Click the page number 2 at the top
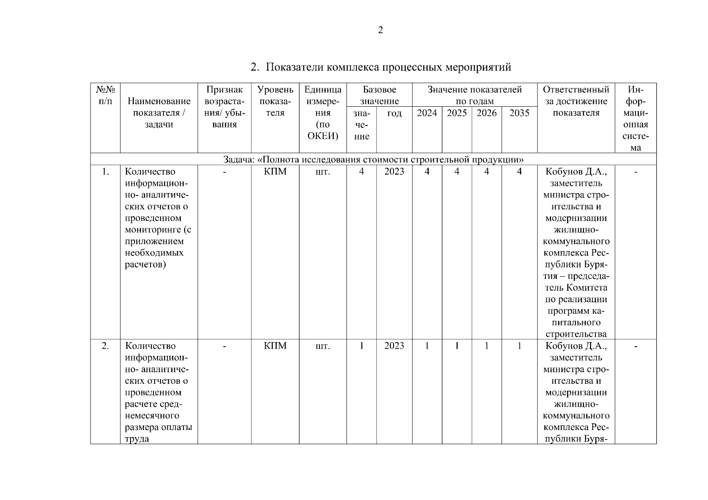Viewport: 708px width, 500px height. tap(380, 30)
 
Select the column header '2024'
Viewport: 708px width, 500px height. tap(427, 113)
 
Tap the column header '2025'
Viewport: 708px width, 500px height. tap(457, 113)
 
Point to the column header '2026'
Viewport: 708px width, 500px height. tap(487, 113)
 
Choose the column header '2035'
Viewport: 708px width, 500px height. tap(519, 113)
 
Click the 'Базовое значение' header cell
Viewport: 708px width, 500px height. tap(379, 95)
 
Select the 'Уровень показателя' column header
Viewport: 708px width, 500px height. tap(275, 101)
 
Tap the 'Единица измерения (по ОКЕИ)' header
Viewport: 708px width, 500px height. tap(323, 112)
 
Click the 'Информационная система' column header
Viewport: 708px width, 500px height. tap(635, 118)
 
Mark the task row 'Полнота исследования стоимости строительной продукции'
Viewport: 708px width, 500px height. tap(373, 160)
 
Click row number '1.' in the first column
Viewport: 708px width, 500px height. tap(105, 172)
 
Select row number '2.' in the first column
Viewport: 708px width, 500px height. tap(105, 346)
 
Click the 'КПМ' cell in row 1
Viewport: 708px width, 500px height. tap(275, 172)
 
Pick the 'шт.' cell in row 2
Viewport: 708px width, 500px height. tap(323, 346)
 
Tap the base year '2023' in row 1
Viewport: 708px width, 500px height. tap(394, 172)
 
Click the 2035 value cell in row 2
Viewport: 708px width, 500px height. tap(519, 346)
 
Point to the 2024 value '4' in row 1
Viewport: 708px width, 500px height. tap(427, 172)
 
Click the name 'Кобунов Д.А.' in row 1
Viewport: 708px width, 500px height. tap(576, 172)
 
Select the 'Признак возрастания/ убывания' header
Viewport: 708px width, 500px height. tap(224, 107)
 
